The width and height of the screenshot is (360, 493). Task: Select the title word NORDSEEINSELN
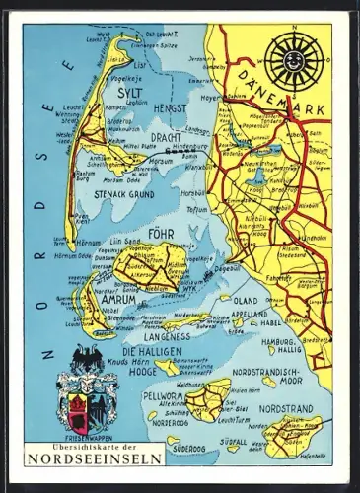(95, 458)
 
